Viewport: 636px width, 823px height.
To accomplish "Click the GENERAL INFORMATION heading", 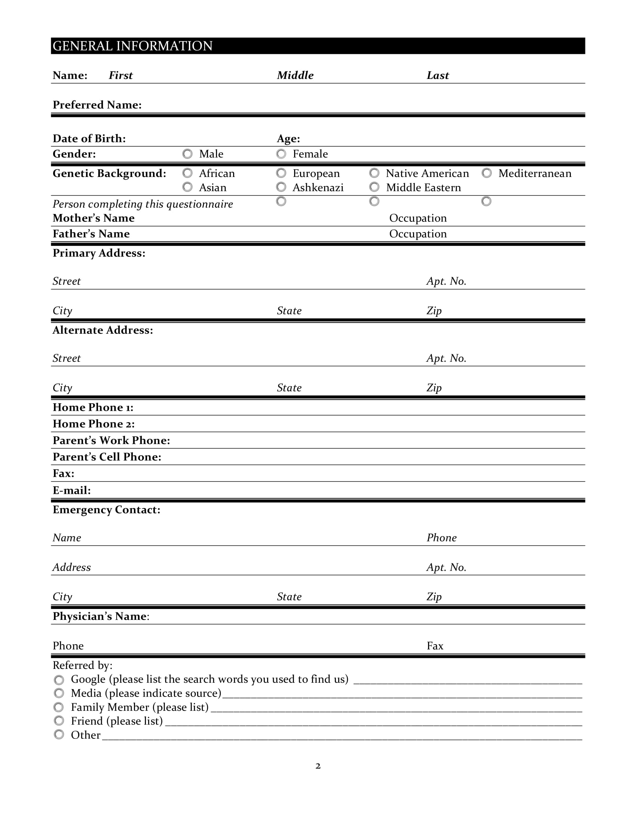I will point(133,46).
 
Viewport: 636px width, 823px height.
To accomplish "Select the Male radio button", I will point(187,154).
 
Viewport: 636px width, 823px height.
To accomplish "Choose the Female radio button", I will point(281,154).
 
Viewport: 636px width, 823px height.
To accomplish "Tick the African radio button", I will point(187,173).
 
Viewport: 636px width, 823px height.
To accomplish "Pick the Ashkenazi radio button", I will point(281,187).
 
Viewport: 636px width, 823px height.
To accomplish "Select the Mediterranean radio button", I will point(486,173).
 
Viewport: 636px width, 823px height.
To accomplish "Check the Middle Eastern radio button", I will point(374,187).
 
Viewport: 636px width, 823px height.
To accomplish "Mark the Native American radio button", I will point(374,173).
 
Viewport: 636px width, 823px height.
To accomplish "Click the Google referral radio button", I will point(59,680).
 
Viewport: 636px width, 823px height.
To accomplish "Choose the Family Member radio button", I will point(59,707).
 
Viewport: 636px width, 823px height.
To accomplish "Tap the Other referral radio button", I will point(59,734).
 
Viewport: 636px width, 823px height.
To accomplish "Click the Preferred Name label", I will point(97,105).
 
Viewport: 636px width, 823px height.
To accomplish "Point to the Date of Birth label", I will point(89,139).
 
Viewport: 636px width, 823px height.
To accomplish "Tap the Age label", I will point(288,139).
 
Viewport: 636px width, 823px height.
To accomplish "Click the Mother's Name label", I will point(94,218).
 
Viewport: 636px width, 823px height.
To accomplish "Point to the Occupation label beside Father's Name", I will point(418,234).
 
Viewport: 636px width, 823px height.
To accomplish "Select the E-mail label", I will point(71,490).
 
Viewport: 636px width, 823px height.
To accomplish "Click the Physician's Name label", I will point(101,616).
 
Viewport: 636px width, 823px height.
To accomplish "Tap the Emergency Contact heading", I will point(106,510).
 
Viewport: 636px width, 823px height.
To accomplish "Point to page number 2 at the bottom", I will point(318,766).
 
